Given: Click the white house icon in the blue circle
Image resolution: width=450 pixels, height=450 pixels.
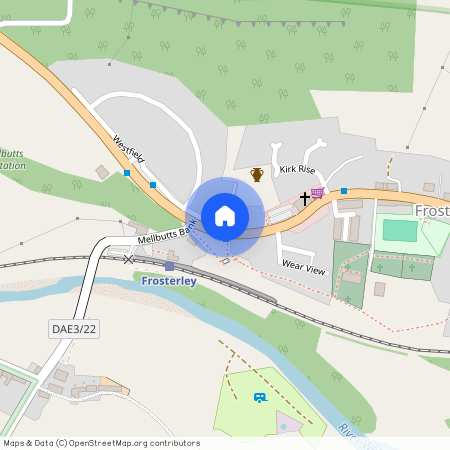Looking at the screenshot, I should [x=225, y=216].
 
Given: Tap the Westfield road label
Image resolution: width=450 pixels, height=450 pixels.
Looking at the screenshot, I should [x=131, y=150].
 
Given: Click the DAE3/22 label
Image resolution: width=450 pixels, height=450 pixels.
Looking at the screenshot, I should [x=75, y=328].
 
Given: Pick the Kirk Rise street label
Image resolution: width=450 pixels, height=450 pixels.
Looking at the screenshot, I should [x=297, y=171].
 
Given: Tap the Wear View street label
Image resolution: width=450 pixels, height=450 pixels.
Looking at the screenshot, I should [x=304, y=267].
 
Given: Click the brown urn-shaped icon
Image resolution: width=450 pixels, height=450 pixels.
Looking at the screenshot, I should [x=257, y=175].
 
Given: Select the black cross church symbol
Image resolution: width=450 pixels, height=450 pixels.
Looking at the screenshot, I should [x=305, y=199].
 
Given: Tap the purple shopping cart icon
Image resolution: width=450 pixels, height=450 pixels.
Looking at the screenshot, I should [x=318, y=193].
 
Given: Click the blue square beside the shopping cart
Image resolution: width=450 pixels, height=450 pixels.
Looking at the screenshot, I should [x=344, y=190].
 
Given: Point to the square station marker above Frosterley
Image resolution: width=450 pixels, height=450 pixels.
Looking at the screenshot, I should [x=169, y=266].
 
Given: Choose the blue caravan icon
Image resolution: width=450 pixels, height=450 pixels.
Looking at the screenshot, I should [x=260, y=397].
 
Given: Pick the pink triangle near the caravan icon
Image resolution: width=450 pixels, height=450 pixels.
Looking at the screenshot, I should [x=284, y=420].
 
